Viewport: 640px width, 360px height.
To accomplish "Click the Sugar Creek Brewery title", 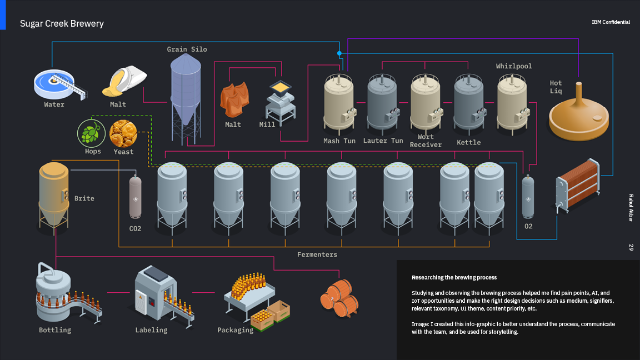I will pyautogui.click(x=62, y=23).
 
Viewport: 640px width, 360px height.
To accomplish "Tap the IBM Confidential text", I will pyautogui.click(x=611, y=22).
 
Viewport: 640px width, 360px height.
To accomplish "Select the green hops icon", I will pyautogui.click(x=90, y=134).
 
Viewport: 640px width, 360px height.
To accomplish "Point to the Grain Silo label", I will pyautogui.click(x=187, y=49).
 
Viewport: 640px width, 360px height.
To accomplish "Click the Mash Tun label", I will pyautogui.click(x=339, y=141).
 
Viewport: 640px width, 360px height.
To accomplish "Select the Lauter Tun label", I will pyautogui.click(x=383, y=141).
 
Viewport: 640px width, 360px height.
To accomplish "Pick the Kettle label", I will pyautogui.click(x=468, y=143).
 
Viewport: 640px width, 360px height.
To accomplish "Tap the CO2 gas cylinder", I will pyautogui.click(x=135, y=198).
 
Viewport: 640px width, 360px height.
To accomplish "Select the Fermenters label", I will pyautogui.click(x=317, y=254).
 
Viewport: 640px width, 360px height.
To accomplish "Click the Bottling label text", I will pyautogui.click(x=55, y=330).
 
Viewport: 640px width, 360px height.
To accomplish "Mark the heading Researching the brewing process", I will pyautogui.click(x=454, y=277).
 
